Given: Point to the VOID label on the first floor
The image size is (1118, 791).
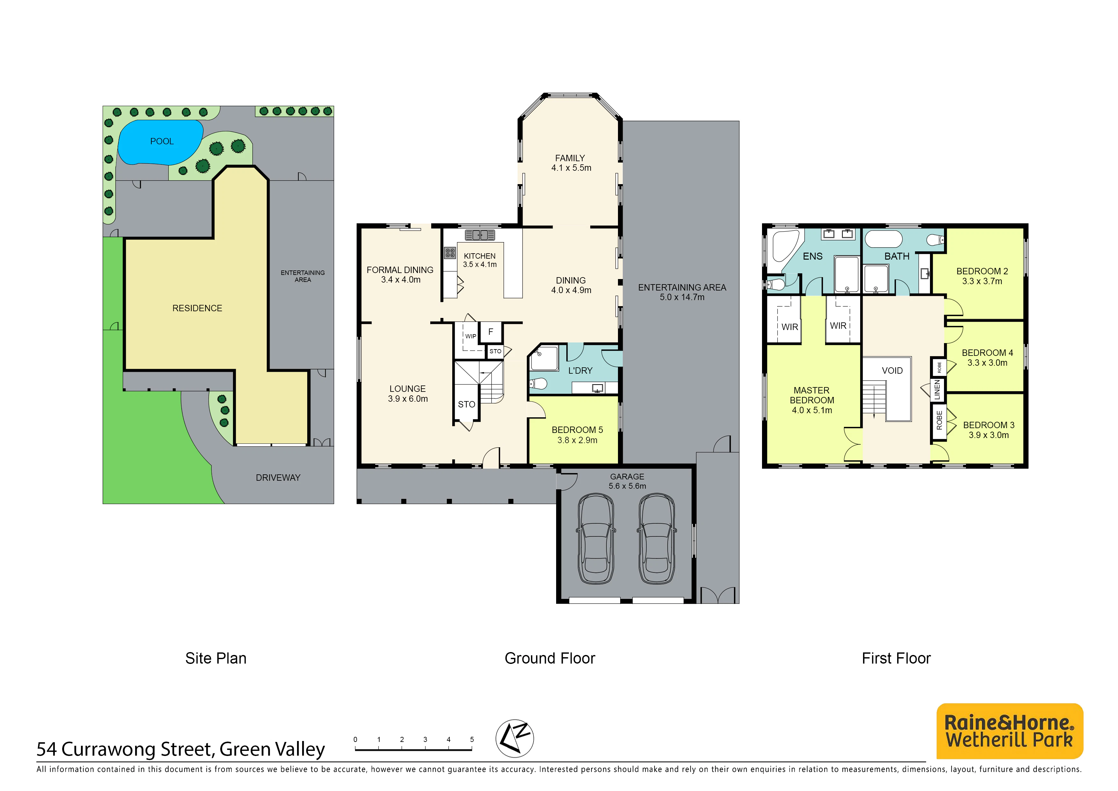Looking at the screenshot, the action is (x=892, y=371).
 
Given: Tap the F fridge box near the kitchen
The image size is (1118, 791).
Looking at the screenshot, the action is (x=491, y=332).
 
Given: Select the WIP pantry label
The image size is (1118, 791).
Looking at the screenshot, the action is (x=471, y=336).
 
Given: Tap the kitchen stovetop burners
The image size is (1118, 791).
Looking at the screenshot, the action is (x=450, y=253).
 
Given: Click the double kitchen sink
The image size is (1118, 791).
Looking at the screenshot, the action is (x=480, y=235).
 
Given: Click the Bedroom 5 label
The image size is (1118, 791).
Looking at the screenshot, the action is (x=577, y=430).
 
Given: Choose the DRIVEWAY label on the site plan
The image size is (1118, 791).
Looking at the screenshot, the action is (x=278, y=478).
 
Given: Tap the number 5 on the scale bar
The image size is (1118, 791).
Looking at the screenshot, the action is (x=472, y=739).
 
